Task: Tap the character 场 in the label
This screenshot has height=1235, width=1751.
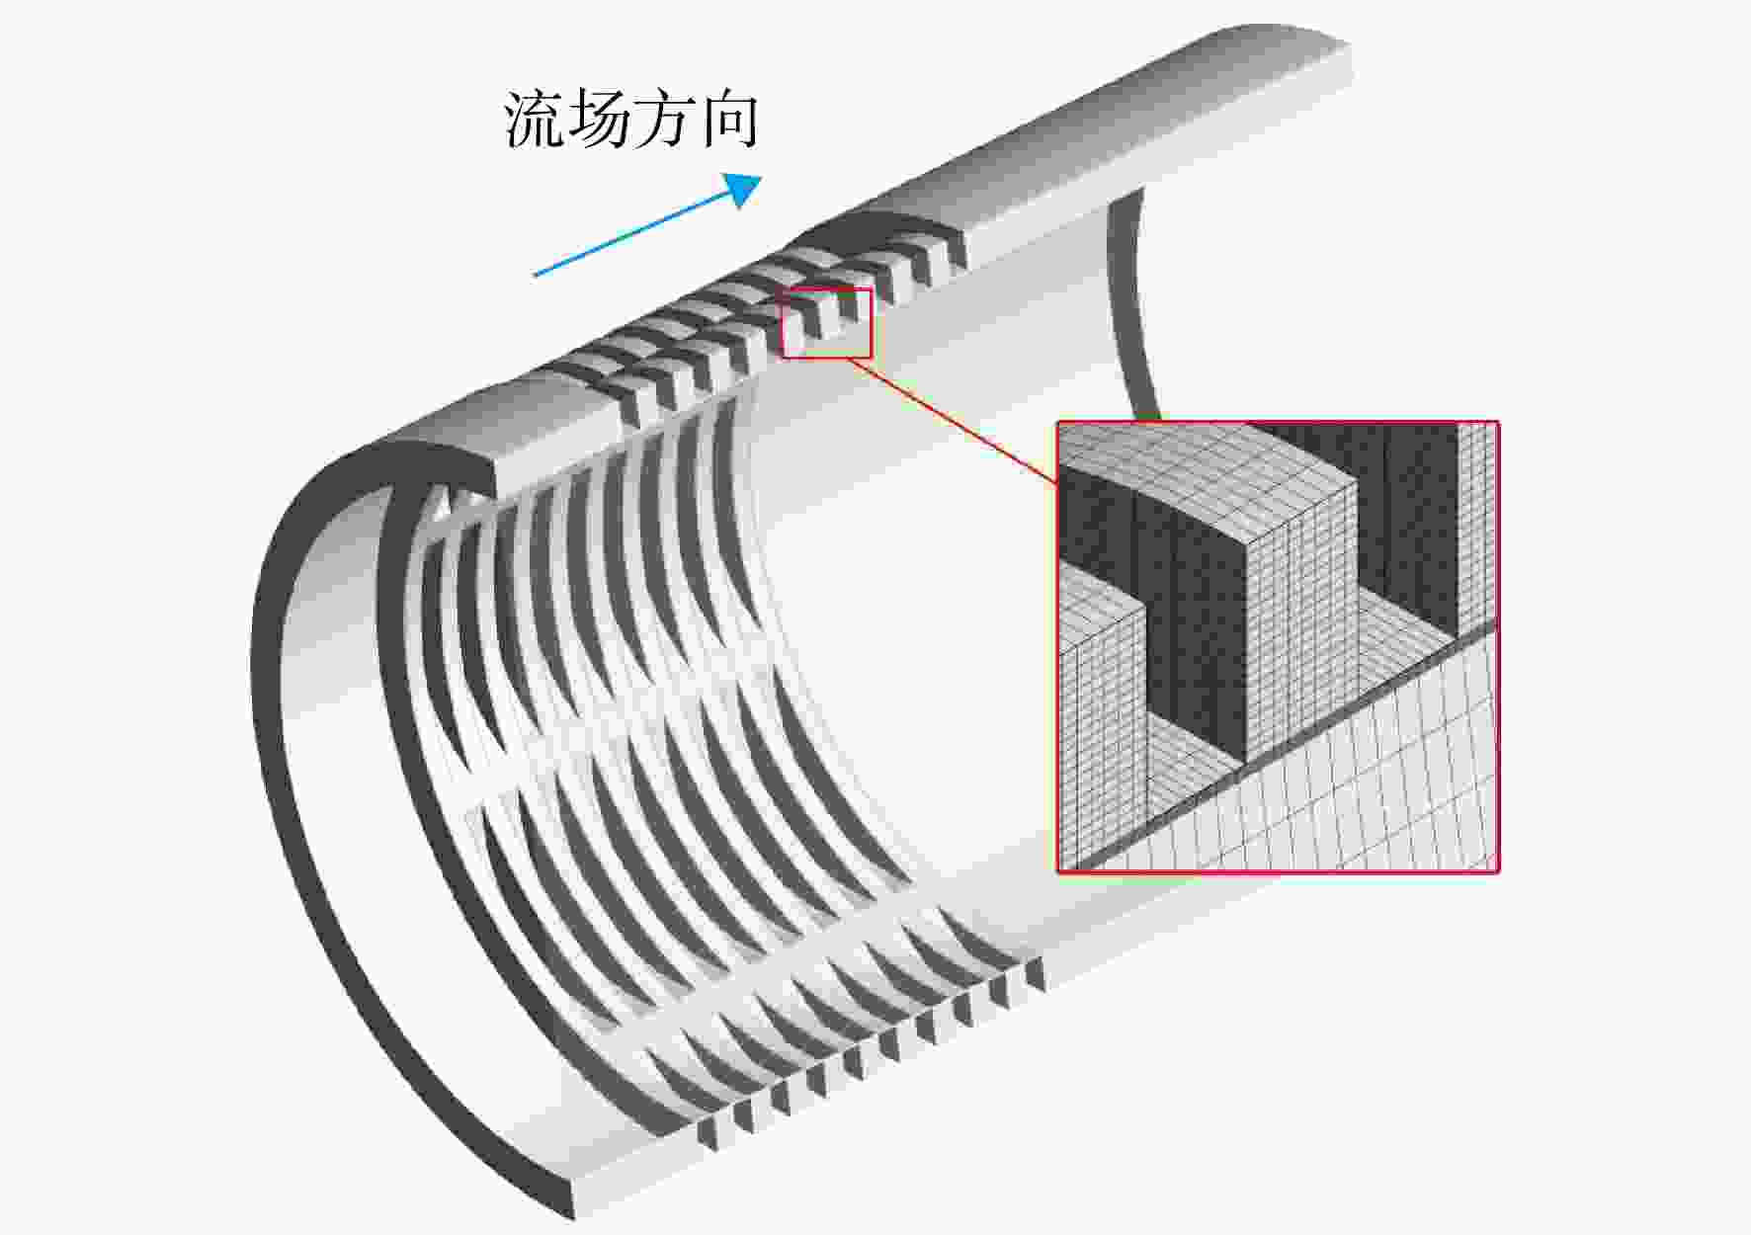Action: (599, 120)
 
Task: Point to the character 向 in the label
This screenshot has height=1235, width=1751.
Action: (727, 120)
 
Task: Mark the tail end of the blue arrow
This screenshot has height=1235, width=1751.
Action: (535, 275)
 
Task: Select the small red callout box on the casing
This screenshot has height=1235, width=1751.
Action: (827, 323)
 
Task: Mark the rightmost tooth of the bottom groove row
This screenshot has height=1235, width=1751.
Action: (1035, 973)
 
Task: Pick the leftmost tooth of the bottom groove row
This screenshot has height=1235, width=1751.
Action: (707, 1133)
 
